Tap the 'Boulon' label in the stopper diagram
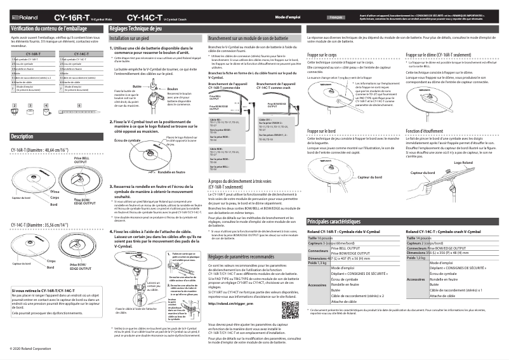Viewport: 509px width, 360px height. coord(172,89)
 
